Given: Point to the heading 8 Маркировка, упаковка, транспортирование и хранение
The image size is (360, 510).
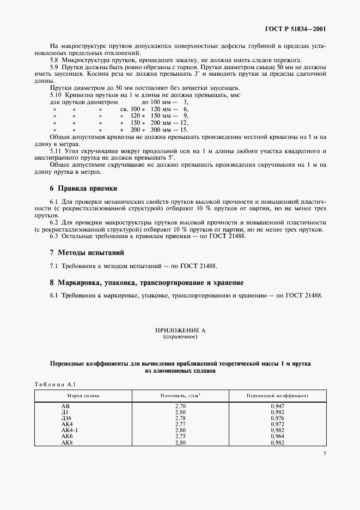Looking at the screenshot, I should coord(147,283).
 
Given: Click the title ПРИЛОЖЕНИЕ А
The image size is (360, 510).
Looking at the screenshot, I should coord(180,331).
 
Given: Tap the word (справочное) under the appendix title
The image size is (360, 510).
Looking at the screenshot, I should coord(180,337).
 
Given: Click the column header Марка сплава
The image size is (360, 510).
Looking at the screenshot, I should coord(83,396).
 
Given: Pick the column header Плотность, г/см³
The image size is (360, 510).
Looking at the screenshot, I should coord(180,396).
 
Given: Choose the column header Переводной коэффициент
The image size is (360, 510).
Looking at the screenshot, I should coord(277,396).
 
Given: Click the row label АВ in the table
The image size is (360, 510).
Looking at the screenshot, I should coord(65,407).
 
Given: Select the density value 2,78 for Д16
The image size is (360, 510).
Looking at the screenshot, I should coord(180,418).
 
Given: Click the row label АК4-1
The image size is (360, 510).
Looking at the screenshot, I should coord(70,430).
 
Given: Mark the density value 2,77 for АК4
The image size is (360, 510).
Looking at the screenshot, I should coord(180,424).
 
